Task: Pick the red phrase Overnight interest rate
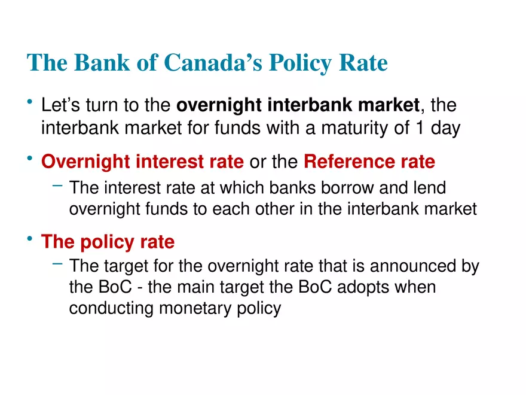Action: point(142,162)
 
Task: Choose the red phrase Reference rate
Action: point(369,162)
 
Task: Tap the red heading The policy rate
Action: point(108,242)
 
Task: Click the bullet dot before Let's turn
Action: point(30,104)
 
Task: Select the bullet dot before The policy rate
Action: point(30,241)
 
